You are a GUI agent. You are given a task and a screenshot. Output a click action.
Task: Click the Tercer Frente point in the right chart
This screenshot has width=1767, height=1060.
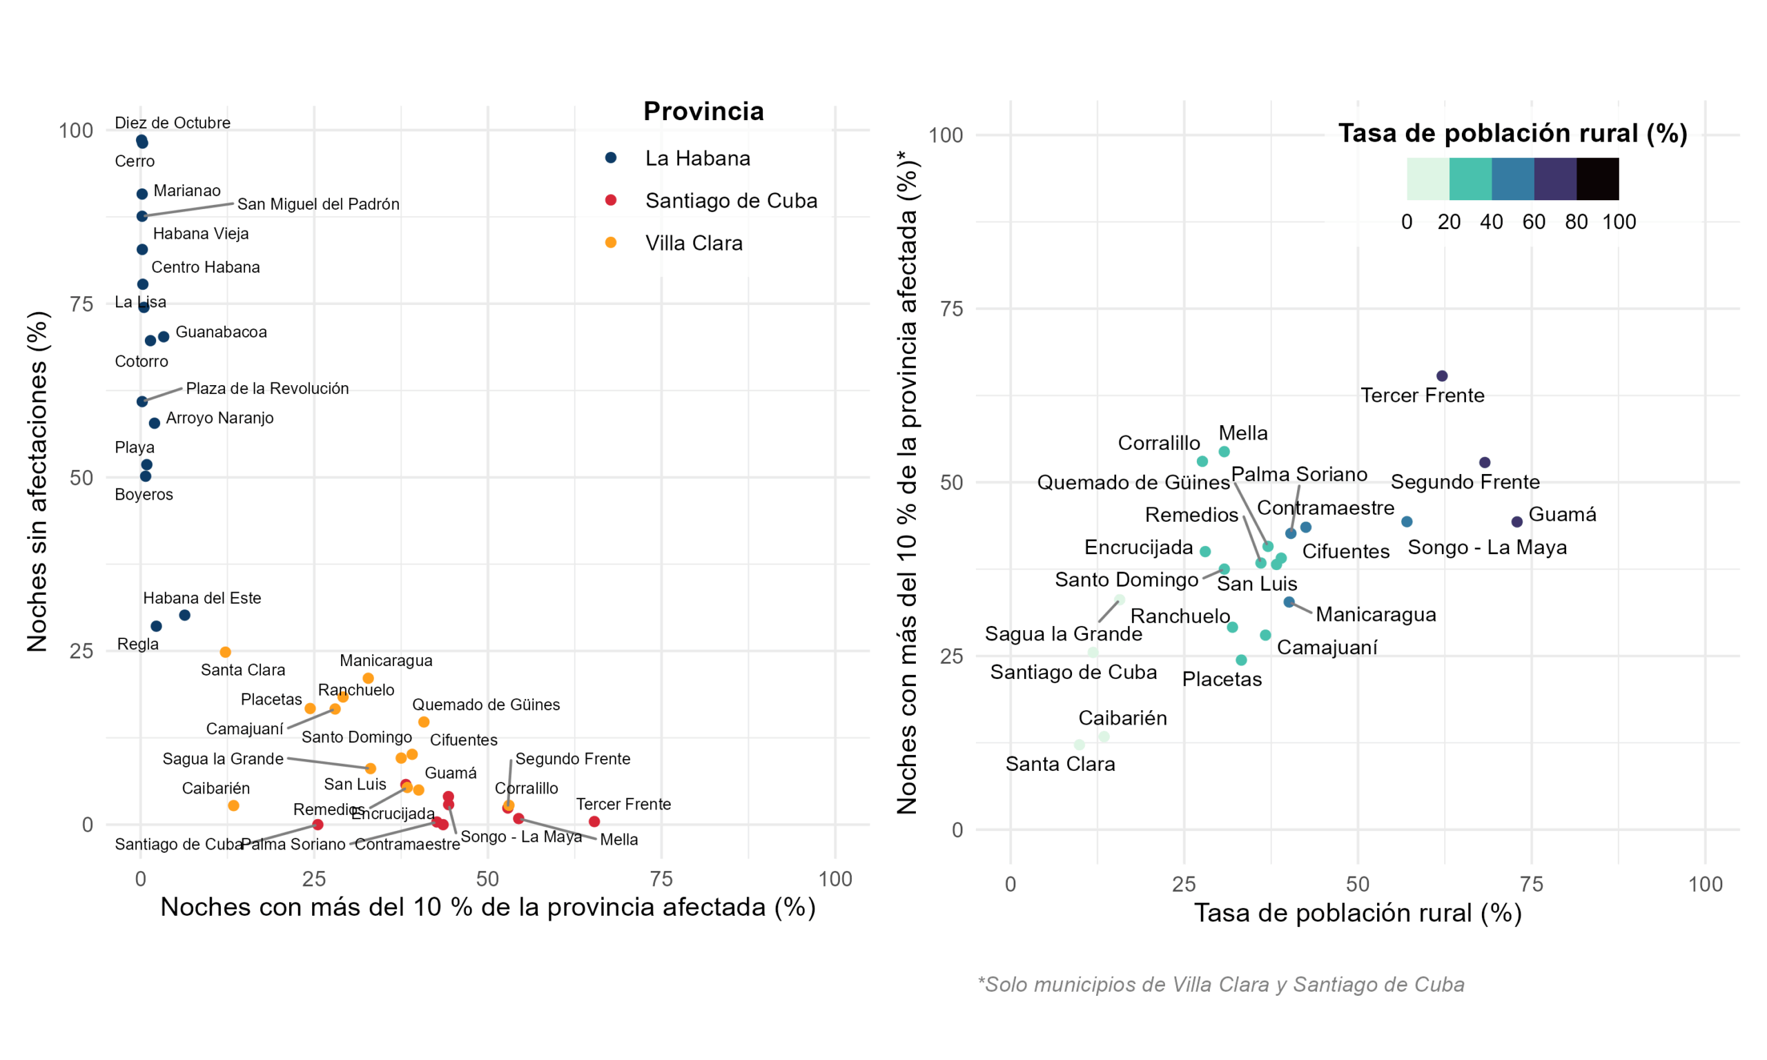(1441, 375)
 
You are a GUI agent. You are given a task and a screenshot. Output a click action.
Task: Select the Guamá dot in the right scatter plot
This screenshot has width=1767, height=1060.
(1516, 522)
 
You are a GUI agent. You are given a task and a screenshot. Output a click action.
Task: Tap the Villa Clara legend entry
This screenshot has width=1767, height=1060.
(693, 243)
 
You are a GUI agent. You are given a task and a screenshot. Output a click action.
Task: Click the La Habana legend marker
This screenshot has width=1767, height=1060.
(611, 157)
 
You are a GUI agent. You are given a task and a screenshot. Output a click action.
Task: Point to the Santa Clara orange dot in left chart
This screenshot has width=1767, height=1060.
(225, 651)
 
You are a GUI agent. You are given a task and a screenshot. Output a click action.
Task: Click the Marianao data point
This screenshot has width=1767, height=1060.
(142, 193)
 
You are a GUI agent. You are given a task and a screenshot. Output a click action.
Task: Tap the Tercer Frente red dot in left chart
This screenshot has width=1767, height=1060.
(594, 821)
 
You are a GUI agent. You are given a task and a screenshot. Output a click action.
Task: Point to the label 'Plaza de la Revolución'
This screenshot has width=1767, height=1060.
(267, 389)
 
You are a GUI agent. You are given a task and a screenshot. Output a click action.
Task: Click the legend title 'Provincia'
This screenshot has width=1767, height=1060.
(703, 111)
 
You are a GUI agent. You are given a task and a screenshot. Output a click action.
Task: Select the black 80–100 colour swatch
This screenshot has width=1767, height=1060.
(1597, 179)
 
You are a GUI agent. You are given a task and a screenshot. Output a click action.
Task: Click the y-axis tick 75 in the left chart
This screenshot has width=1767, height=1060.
(81, 304)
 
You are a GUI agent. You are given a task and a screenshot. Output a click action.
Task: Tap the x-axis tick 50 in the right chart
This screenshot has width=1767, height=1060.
(1357, 883)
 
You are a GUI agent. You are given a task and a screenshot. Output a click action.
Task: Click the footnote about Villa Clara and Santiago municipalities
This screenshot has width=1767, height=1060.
(1220, 984)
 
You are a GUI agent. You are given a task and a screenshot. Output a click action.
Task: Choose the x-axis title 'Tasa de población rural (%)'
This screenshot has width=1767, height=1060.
(1357, 913)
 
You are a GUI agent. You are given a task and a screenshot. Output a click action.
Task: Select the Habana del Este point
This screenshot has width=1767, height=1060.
(184, 615)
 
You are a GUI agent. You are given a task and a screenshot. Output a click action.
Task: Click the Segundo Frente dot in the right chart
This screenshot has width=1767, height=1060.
(1484, 462)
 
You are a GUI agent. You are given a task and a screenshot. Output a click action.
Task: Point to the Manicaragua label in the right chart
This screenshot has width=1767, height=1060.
(1375, 614)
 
